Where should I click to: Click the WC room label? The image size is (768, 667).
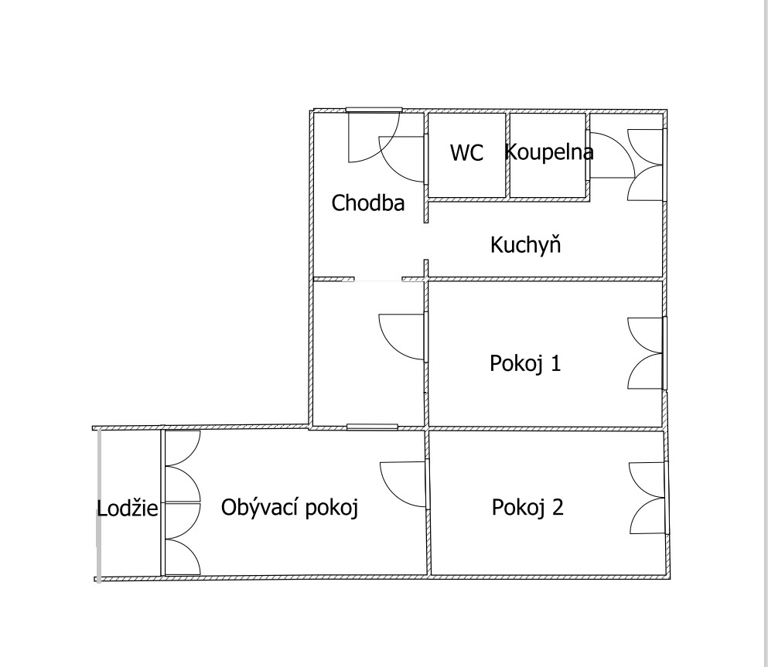466,153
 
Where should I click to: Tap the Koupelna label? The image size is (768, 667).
548,151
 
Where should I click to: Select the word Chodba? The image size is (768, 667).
368,202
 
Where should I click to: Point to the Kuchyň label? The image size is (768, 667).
525,243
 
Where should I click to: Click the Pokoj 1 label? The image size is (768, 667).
525,363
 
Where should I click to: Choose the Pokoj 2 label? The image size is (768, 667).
527,507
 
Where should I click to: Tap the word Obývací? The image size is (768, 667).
260,507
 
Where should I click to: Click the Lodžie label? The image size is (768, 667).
128,509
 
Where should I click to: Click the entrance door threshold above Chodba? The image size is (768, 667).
374,110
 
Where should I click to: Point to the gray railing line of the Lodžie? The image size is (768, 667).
99,505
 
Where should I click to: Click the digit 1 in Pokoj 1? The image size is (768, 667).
556,363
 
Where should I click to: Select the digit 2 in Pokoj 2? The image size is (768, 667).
558,507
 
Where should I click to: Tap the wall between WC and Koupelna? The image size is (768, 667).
508,155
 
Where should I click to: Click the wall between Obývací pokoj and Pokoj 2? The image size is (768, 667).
428,502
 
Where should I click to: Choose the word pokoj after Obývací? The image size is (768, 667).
332,509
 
